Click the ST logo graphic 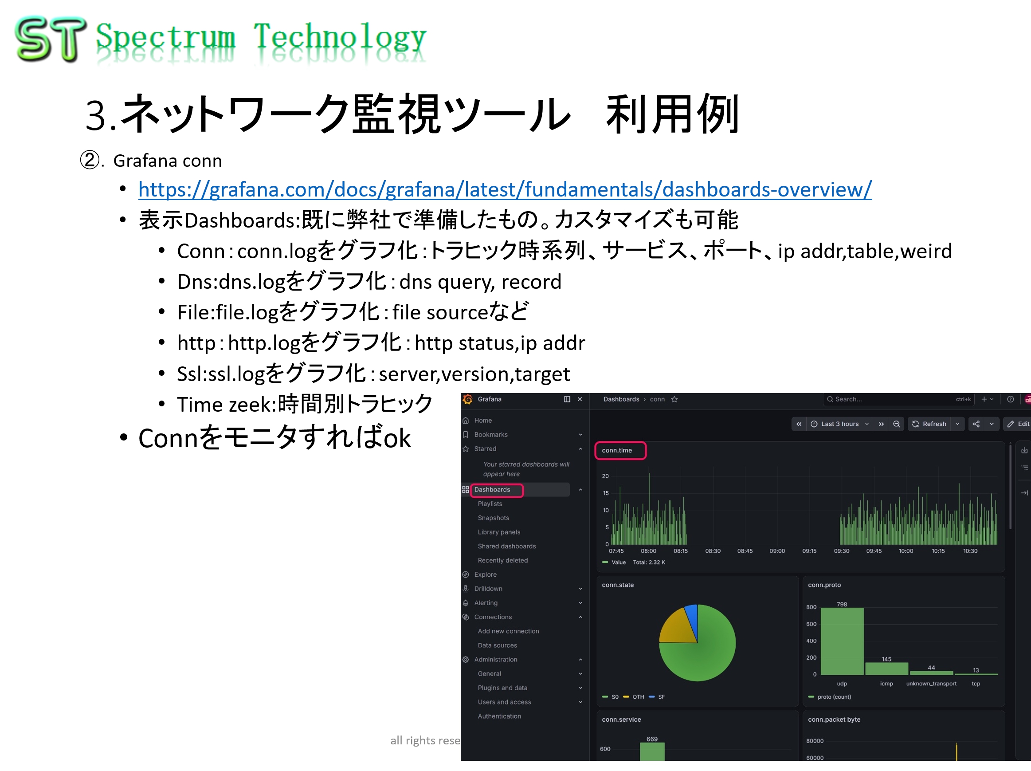(51, 39)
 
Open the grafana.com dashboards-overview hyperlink (505, 189)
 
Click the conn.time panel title (617, 450)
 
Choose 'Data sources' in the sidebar (498, 645)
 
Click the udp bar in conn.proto (842, 641)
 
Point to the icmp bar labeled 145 (886, 669)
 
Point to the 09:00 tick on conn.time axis (777, 551)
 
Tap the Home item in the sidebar (483, 421)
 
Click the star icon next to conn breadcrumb (674, 400)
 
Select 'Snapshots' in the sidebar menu (493, 518)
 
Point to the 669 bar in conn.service (652, 751)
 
